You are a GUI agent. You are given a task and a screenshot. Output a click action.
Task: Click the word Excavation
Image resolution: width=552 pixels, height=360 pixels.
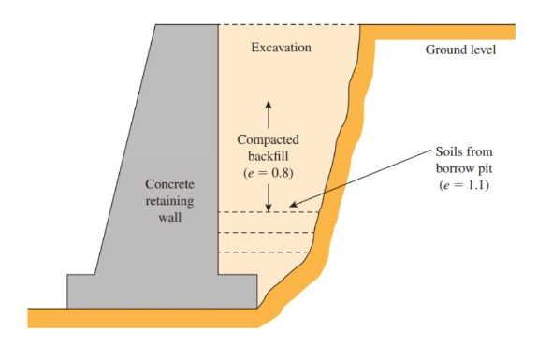pos(281,47)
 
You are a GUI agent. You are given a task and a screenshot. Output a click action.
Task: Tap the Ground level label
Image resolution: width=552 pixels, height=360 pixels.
pos(460,50)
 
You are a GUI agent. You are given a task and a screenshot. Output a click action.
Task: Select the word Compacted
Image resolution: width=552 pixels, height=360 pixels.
pos(268,139)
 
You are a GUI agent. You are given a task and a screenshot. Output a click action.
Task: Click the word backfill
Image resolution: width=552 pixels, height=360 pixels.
pos(268,156)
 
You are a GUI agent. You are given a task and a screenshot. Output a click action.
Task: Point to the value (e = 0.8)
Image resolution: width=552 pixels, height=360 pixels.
pos(268,173)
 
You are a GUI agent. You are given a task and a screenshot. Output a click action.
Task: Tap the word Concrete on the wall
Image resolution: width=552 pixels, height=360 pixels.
pos(169,184)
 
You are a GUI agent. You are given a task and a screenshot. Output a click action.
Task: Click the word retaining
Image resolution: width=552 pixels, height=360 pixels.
pos(169,201)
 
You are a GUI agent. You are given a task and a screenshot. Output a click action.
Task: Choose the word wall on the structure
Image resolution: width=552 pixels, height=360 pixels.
pos(169,218)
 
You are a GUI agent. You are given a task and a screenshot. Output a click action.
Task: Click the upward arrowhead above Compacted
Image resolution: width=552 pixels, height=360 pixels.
pos(268,100)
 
